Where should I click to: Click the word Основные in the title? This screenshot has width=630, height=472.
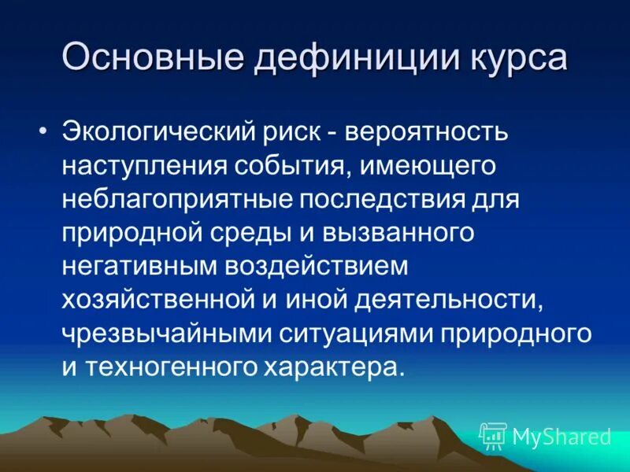click(x=146, y=60)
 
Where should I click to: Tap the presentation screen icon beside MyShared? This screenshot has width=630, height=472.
click(x=493, y=435)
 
